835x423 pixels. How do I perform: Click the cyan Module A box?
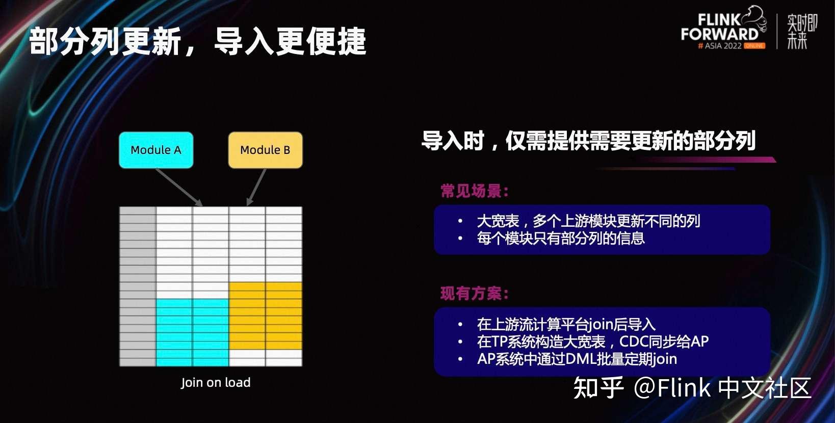pos(156,150)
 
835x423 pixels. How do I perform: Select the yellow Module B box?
pos(265,150)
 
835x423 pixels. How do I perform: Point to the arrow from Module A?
pos(179,187)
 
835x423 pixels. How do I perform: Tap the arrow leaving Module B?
pos(256,187)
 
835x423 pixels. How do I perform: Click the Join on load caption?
pos(216,383)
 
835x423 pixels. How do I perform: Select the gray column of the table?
pos(138,286)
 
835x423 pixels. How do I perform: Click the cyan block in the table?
pos(192,332)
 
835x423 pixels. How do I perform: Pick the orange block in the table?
pos(266,315)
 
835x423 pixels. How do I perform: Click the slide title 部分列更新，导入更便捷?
pos(198,41)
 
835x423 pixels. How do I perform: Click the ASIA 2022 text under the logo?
pos(723,46)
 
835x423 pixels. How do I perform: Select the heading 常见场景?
pos(475,191)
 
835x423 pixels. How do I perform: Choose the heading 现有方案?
pos(475,294)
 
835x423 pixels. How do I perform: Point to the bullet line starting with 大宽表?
pos(588,221)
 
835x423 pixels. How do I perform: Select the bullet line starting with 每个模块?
pos(561,238)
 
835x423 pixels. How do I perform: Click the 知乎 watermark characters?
pos(598,388)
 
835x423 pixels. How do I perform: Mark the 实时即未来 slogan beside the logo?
pos(802,32)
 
